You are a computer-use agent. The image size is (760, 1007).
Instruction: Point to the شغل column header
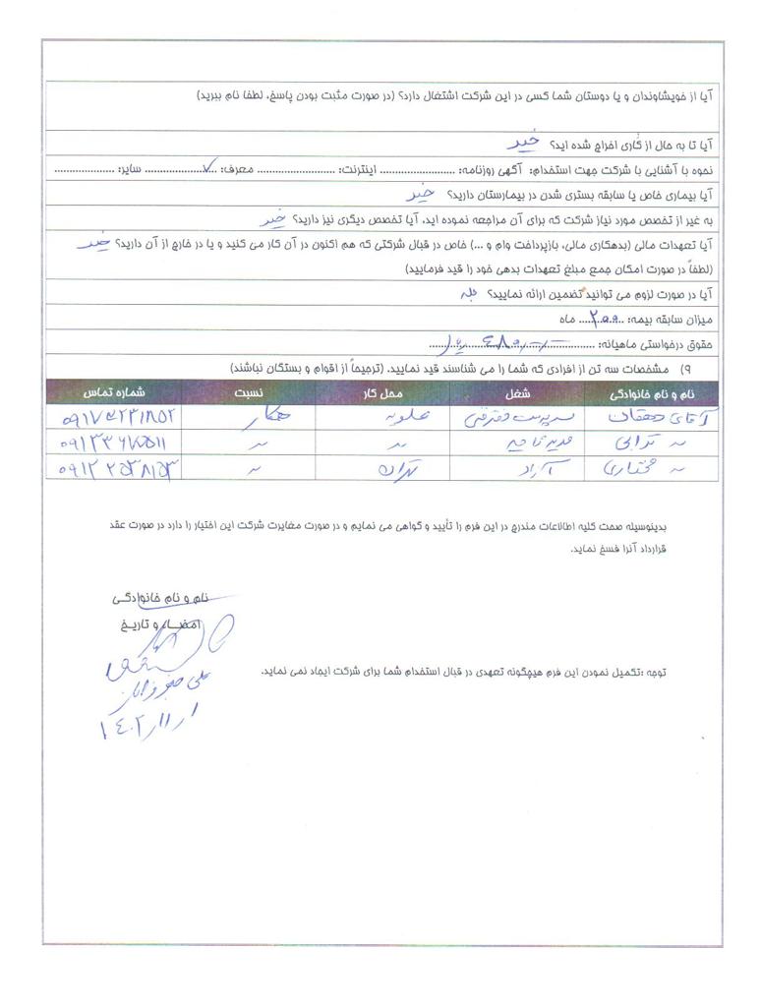tap(517, 391)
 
